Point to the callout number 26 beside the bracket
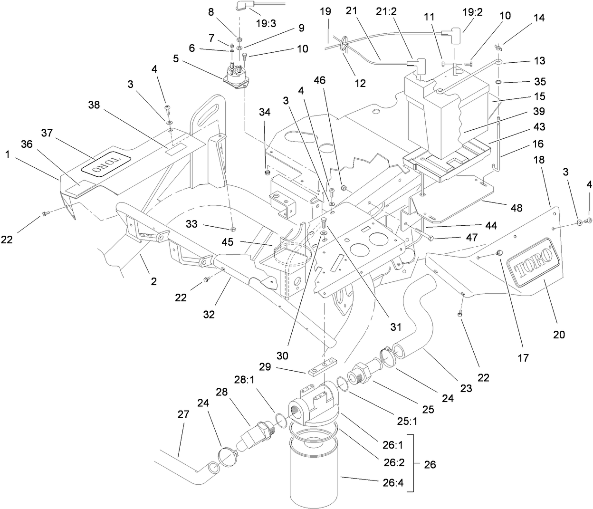(x=430, y=464)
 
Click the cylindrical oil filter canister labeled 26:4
(x=313, y=471)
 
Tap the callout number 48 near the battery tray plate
(x=516, y=208)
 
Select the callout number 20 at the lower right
(x=559, y=334)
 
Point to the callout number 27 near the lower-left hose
(x=183, y=414)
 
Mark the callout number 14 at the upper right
(x=539, y=18)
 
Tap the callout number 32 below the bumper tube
(x=209, y=314)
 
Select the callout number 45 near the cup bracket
(x=228, y=242)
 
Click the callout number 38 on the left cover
(x=94, y=105)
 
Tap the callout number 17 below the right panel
(x=523, y=358)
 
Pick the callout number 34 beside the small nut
(x=264, y=112)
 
